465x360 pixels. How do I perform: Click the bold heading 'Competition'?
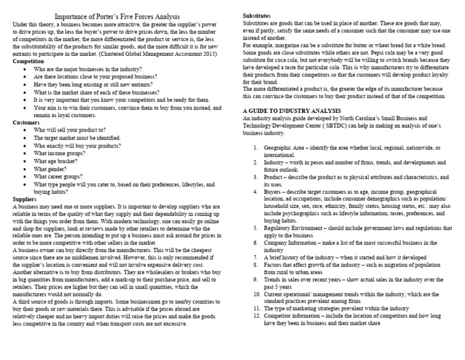click(28, 61)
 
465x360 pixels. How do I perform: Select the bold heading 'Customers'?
click(27, 122)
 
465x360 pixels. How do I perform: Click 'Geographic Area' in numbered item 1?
click(285, 148)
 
